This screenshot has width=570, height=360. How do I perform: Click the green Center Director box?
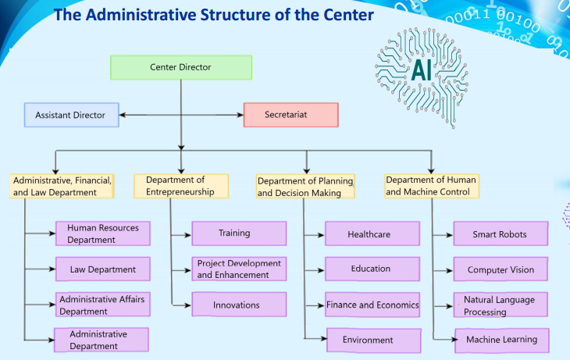tap(180, 67)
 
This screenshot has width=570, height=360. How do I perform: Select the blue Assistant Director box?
tap(70, 116)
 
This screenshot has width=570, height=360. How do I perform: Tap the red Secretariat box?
tap(290, 116)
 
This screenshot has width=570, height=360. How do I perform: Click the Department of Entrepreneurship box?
tap(181, 186)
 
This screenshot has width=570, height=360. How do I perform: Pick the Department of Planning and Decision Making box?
tap(305, 187)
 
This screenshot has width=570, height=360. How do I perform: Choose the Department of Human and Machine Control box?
tap(431, 186)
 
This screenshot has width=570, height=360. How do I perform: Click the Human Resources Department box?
tap(102, 233)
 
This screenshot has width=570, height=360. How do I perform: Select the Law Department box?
tap(102, 269)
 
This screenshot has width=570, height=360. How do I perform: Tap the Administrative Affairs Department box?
tap(102, 305)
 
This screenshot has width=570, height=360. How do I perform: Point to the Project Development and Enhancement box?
tap(239, 269)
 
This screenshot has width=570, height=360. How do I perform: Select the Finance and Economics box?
tap(372, 305)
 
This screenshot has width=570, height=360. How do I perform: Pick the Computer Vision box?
tap(501, 269)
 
